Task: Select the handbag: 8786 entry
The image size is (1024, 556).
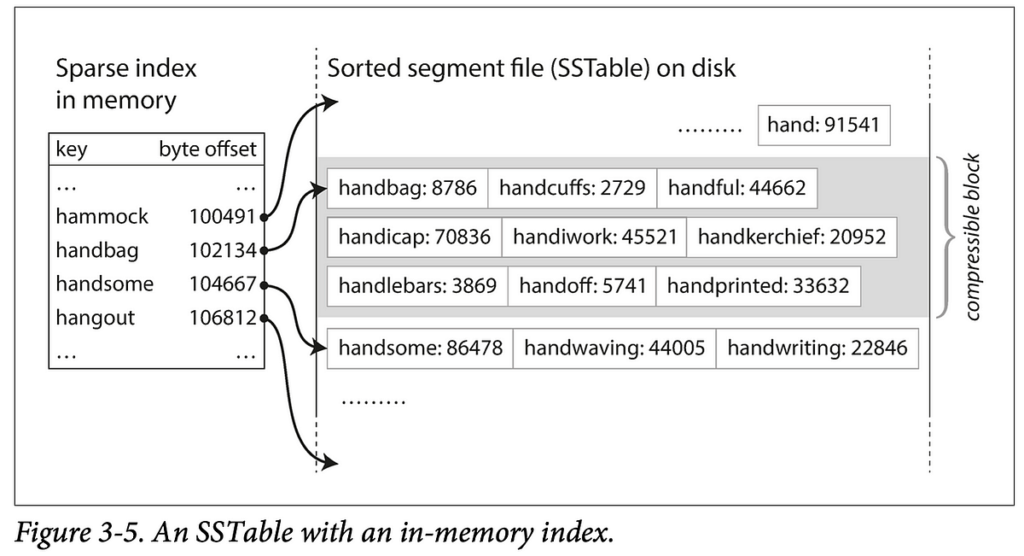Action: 408,188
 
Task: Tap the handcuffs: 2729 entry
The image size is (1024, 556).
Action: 572,188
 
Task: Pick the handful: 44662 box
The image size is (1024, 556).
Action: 736,188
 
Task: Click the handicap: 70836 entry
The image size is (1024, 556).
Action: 415,237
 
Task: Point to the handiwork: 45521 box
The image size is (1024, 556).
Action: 594,237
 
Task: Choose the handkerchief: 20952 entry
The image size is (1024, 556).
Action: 791,237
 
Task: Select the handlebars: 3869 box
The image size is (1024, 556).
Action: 417,286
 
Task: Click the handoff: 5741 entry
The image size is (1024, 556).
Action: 582,286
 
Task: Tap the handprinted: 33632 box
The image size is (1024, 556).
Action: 758,286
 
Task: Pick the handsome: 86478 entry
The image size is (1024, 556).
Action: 420,348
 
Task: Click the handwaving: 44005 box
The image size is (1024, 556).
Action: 614,348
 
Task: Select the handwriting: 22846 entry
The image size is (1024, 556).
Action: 817,348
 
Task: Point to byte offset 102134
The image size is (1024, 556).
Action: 223,251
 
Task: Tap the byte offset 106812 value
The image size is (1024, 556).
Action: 223,319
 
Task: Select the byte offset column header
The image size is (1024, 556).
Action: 207,150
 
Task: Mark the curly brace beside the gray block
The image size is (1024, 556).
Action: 945,237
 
